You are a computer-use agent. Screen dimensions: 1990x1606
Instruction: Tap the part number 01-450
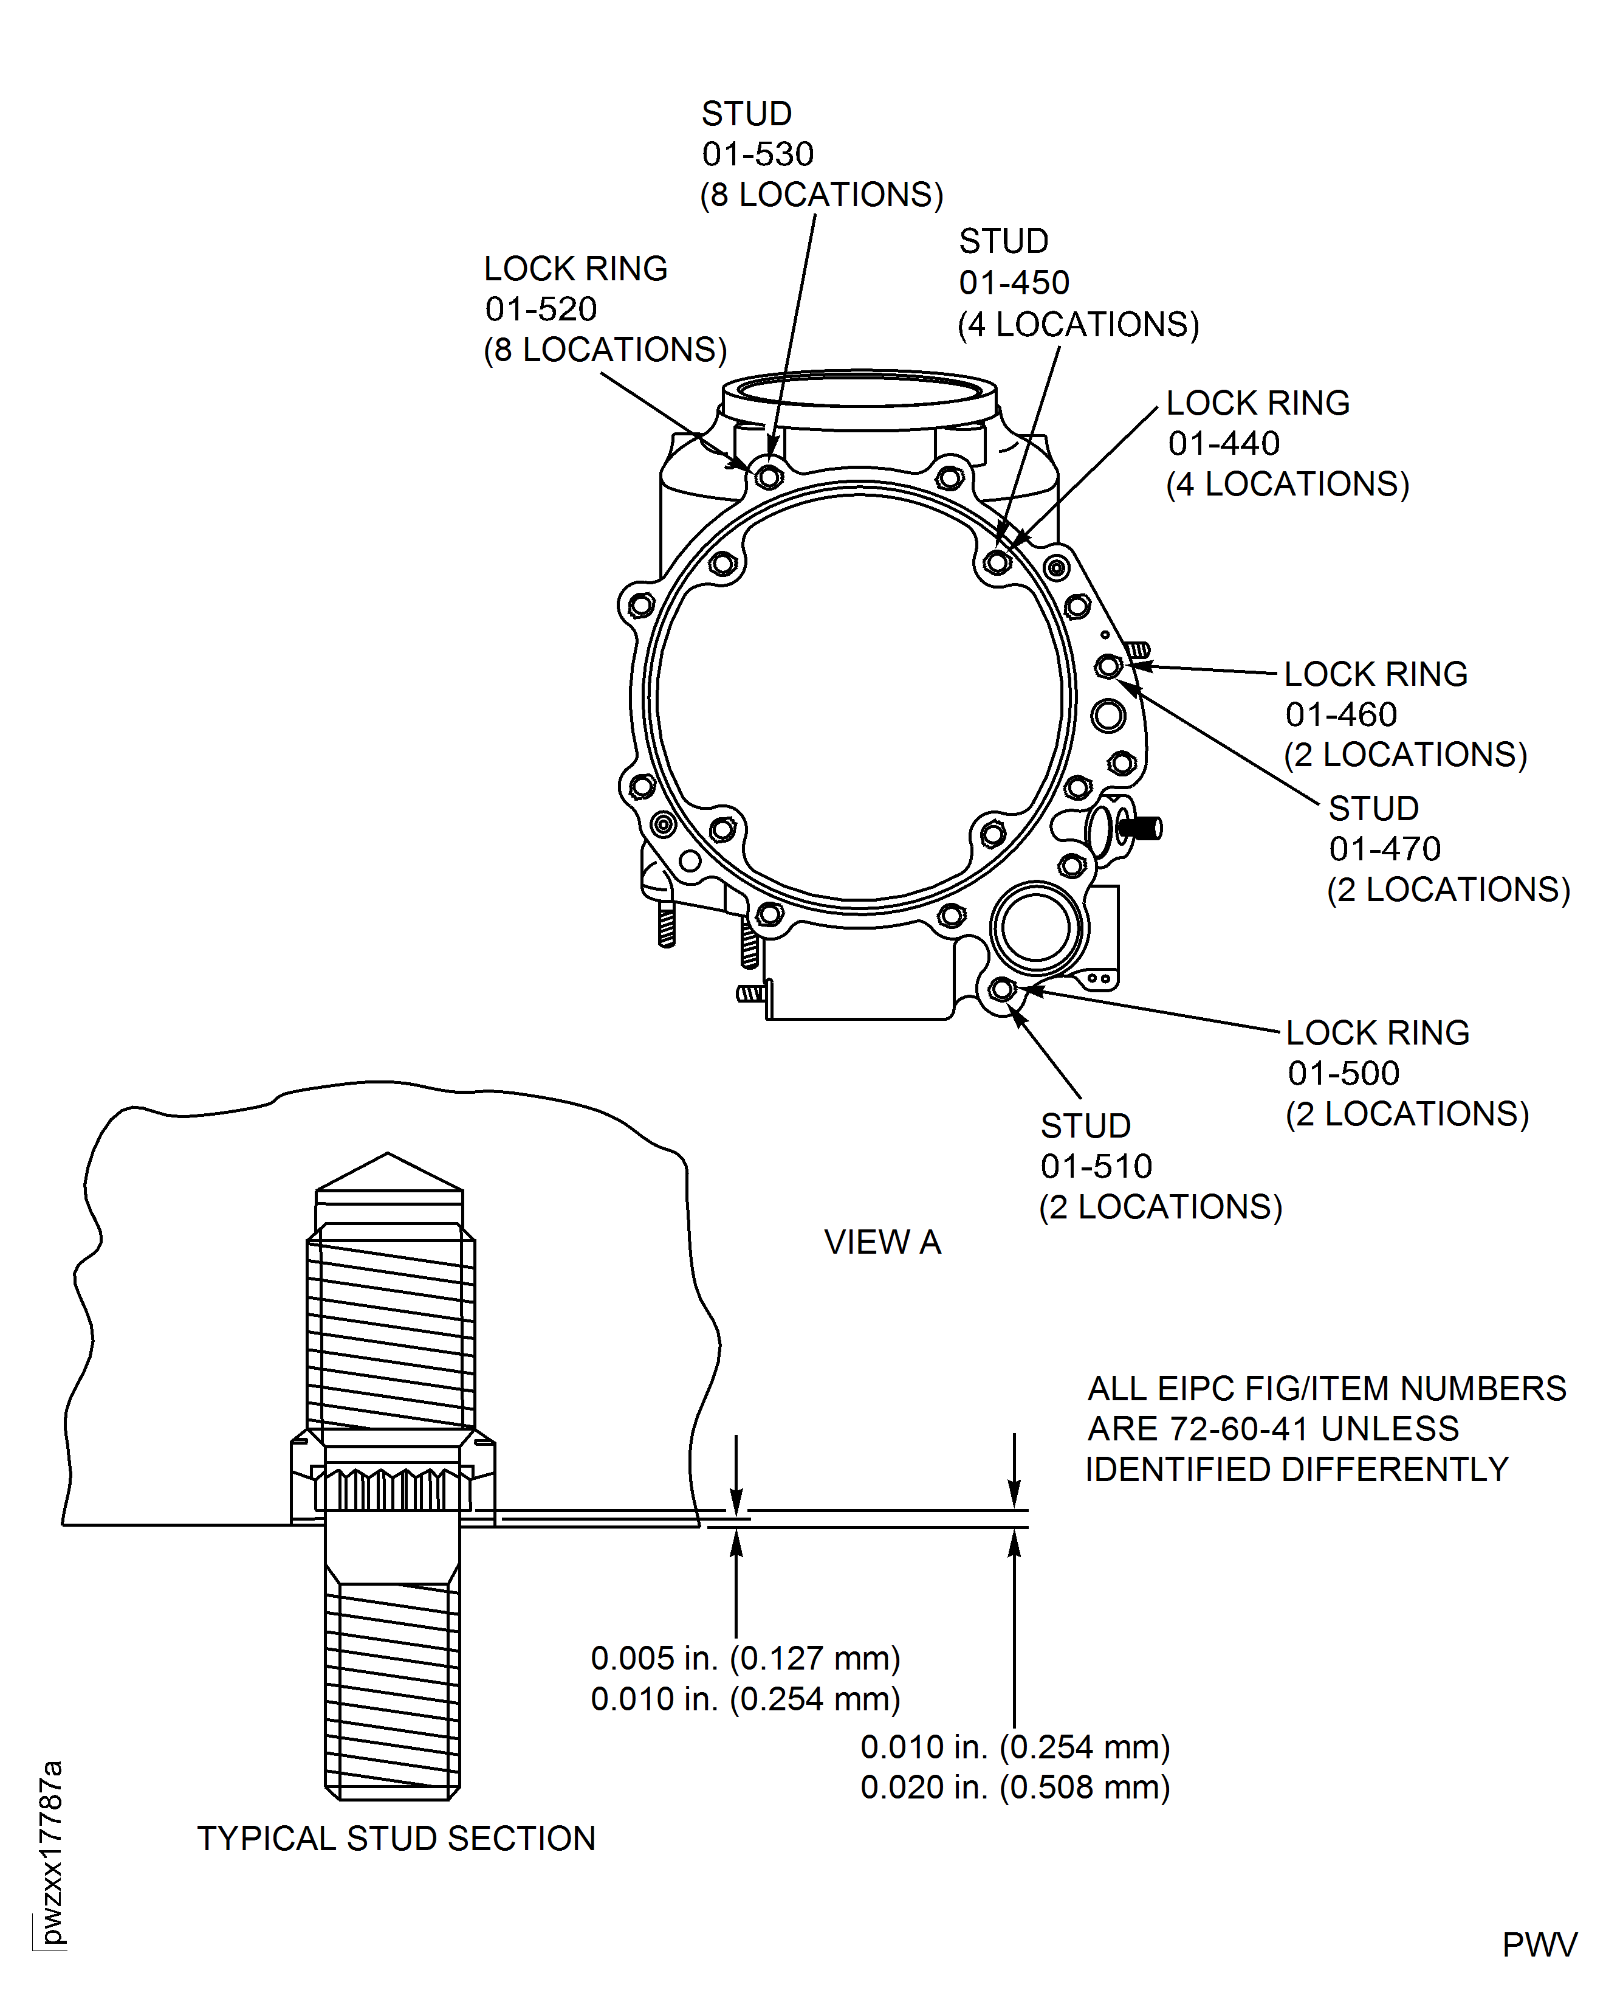coord(1014,282)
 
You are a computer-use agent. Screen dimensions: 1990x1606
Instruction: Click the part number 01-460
coord(1340,714)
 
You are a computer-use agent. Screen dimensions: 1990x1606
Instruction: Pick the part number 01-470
coord(1384,849)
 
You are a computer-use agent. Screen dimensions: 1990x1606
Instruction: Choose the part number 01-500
coord(1342,1074)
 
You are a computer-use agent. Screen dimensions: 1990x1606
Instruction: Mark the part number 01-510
coord(1096,1166)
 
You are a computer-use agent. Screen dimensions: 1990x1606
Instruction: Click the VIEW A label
coord(882,1242)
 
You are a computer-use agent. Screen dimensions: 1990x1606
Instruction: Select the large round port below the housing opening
coord(1035,927)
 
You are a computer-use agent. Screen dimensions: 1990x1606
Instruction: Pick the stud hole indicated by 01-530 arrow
coord(769,477)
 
